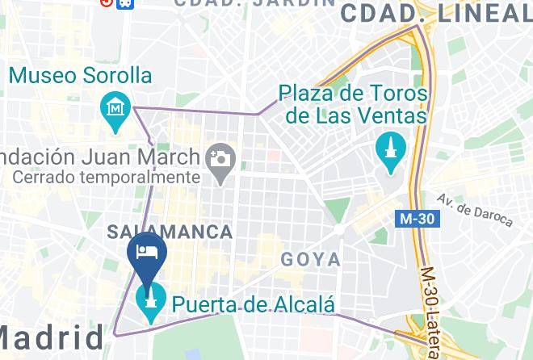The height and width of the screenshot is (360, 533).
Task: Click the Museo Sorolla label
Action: [x=81, y=76]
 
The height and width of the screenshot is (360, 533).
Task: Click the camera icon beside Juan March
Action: [x=219, y=157]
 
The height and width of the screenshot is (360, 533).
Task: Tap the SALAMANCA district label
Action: [x=170, y=232]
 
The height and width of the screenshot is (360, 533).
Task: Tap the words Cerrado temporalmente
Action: [x=106, y=176]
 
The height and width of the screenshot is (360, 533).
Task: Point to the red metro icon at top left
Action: [x=107, y=2]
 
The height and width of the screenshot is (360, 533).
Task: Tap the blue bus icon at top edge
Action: [x=125, y=2]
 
